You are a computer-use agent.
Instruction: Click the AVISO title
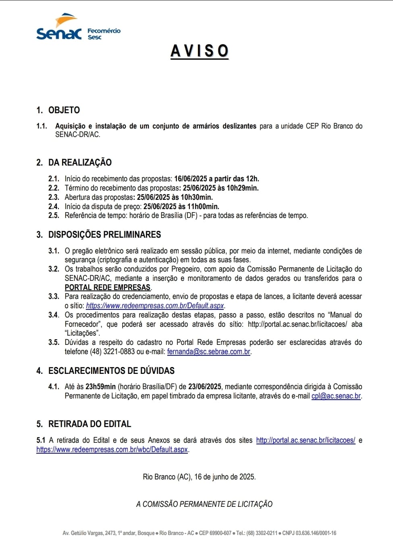(x=200, y=51)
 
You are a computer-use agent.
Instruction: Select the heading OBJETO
(x=64, y=110)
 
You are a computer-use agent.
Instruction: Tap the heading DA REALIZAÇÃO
(x=80, y=162)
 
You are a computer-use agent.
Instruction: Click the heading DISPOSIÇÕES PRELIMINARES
(x=104, y=234)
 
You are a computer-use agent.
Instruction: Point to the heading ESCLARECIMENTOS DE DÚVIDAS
(x=111, y=371)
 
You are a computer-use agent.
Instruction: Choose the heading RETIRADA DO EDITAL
(x=89, y=424)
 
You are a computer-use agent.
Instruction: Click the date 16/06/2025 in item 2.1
(x=191, y=178)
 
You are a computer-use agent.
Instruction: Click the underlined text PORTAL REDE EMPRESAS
(x=108, y=287)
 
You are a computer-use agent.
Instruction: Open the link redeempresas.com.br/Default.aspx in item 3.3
(x=155, y=305)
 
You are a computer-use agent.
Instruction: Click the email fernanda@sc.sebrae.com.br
(x=209, y=351)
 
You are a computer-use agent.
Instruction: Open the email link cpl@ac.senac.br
(x=336, y=396)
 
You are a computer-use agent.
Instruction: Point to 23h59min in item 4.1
(x=100, y=386)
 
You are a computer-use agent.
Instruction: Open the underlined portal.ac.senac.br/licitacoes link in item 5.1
(x=306, y=440)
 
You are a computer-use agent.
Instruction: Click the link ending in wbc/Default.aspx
(x=112, y=449)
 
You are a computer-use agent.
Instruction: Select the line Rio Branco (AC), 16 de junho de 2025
(x=199, y=477)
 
